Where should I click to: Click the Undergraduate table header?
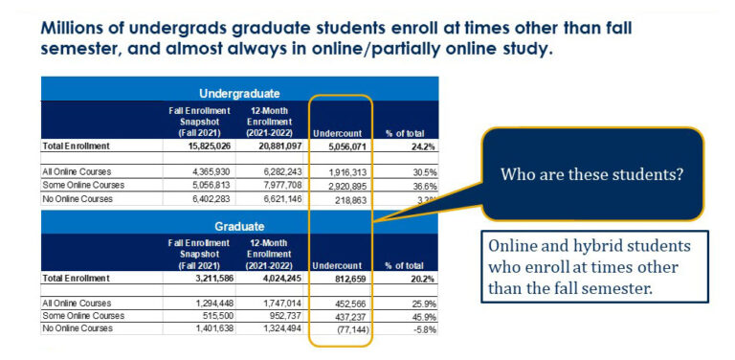point(239,93)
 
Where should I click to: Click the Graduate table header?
point(239,227)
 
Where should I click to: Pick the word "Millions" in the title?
point(80,27)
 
